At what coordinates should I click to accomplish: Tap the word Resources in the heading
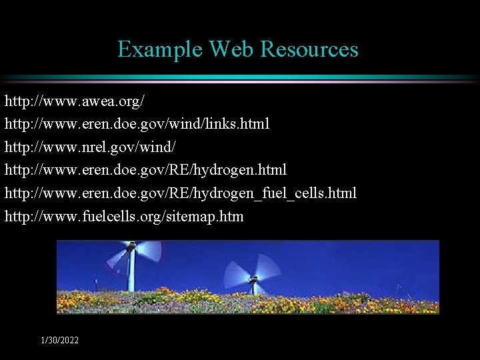click(309, 49)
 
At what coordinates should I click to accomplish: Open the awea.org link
click(74, 102)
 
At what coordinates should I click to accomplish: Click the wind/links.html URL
click(137, 125)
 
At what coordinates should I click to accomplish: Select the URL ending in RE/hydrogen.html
click(145, 170)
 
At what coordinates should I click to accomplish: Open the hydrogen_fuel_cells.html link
click(181, 193)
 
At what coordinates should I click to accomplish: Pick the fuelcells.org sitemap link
click(124, 216)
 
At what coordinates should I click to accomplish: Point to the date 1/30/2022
click(60, 341)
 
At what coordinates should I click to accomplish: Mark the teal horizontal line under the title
click(240, 78)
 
